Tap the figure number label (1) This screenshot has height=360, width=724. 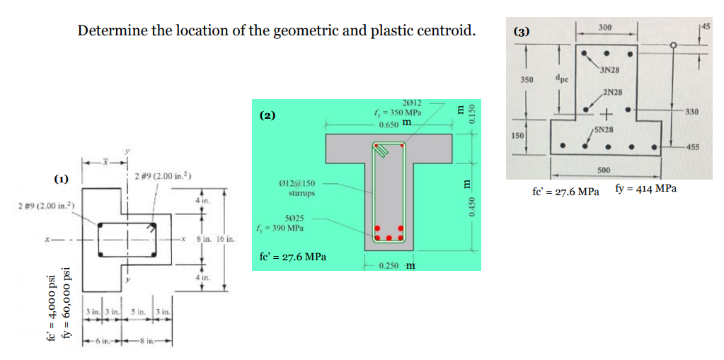(x=62, y=179)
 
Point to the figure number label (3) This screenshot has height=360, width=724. (x=522, y=32)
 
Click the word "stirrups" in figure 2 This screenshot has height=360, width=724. (x=302, y=192)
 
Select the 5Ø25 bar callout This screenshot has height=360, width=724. (x=295, y=219)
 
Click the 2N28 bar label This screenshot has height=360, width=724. (x=613, y=93)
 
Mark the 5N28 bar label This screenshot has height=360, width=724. (x=604, y=130)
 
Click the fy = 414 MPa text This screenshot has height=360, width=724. (x=645, y=189)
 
